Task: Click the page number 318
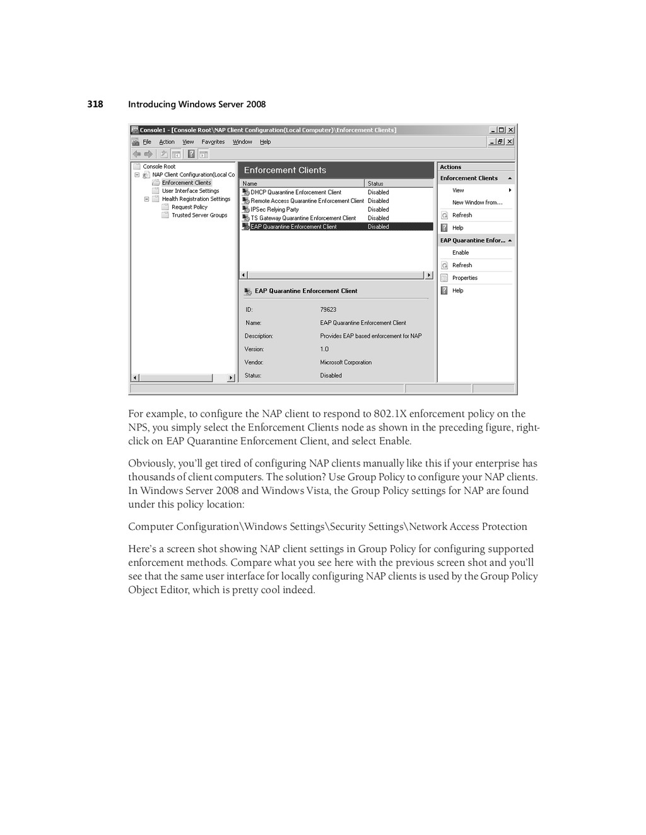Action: [x=95, y=105]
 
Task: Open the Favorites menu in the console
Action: [x=213, y=142]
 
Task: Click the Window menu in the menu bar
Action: [x=242, y=142]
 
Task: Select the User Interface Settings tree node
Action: [x=190, y=191]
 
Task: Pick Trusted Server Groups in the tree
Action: [x=199, y=216]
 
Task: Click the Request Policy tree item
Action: [x=189, y=207]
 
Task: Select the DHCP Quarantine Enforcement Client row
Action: [x=295, y=193]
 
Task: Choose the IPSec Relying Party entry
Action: [x=274, y=210]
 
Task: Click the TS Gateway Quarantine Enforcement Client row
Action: [x=303, y=219]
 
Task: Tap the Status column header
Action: [x=376, y=184]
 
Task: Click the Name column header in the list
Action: [x=250, y=184]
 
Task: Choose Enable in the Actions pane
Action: [x=461, y=253]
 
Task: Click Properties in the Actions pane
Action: [x=465, y=278]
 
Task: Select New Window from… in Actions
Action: [x=477, y=203]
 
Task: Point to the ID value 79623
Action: [x=328, y=310]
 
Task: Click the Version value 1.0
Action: [x=324, y=349]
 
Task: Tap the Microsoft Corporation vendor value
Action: [x=346, y=362]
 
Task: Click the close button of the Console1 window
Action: [x=510, y=130]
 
